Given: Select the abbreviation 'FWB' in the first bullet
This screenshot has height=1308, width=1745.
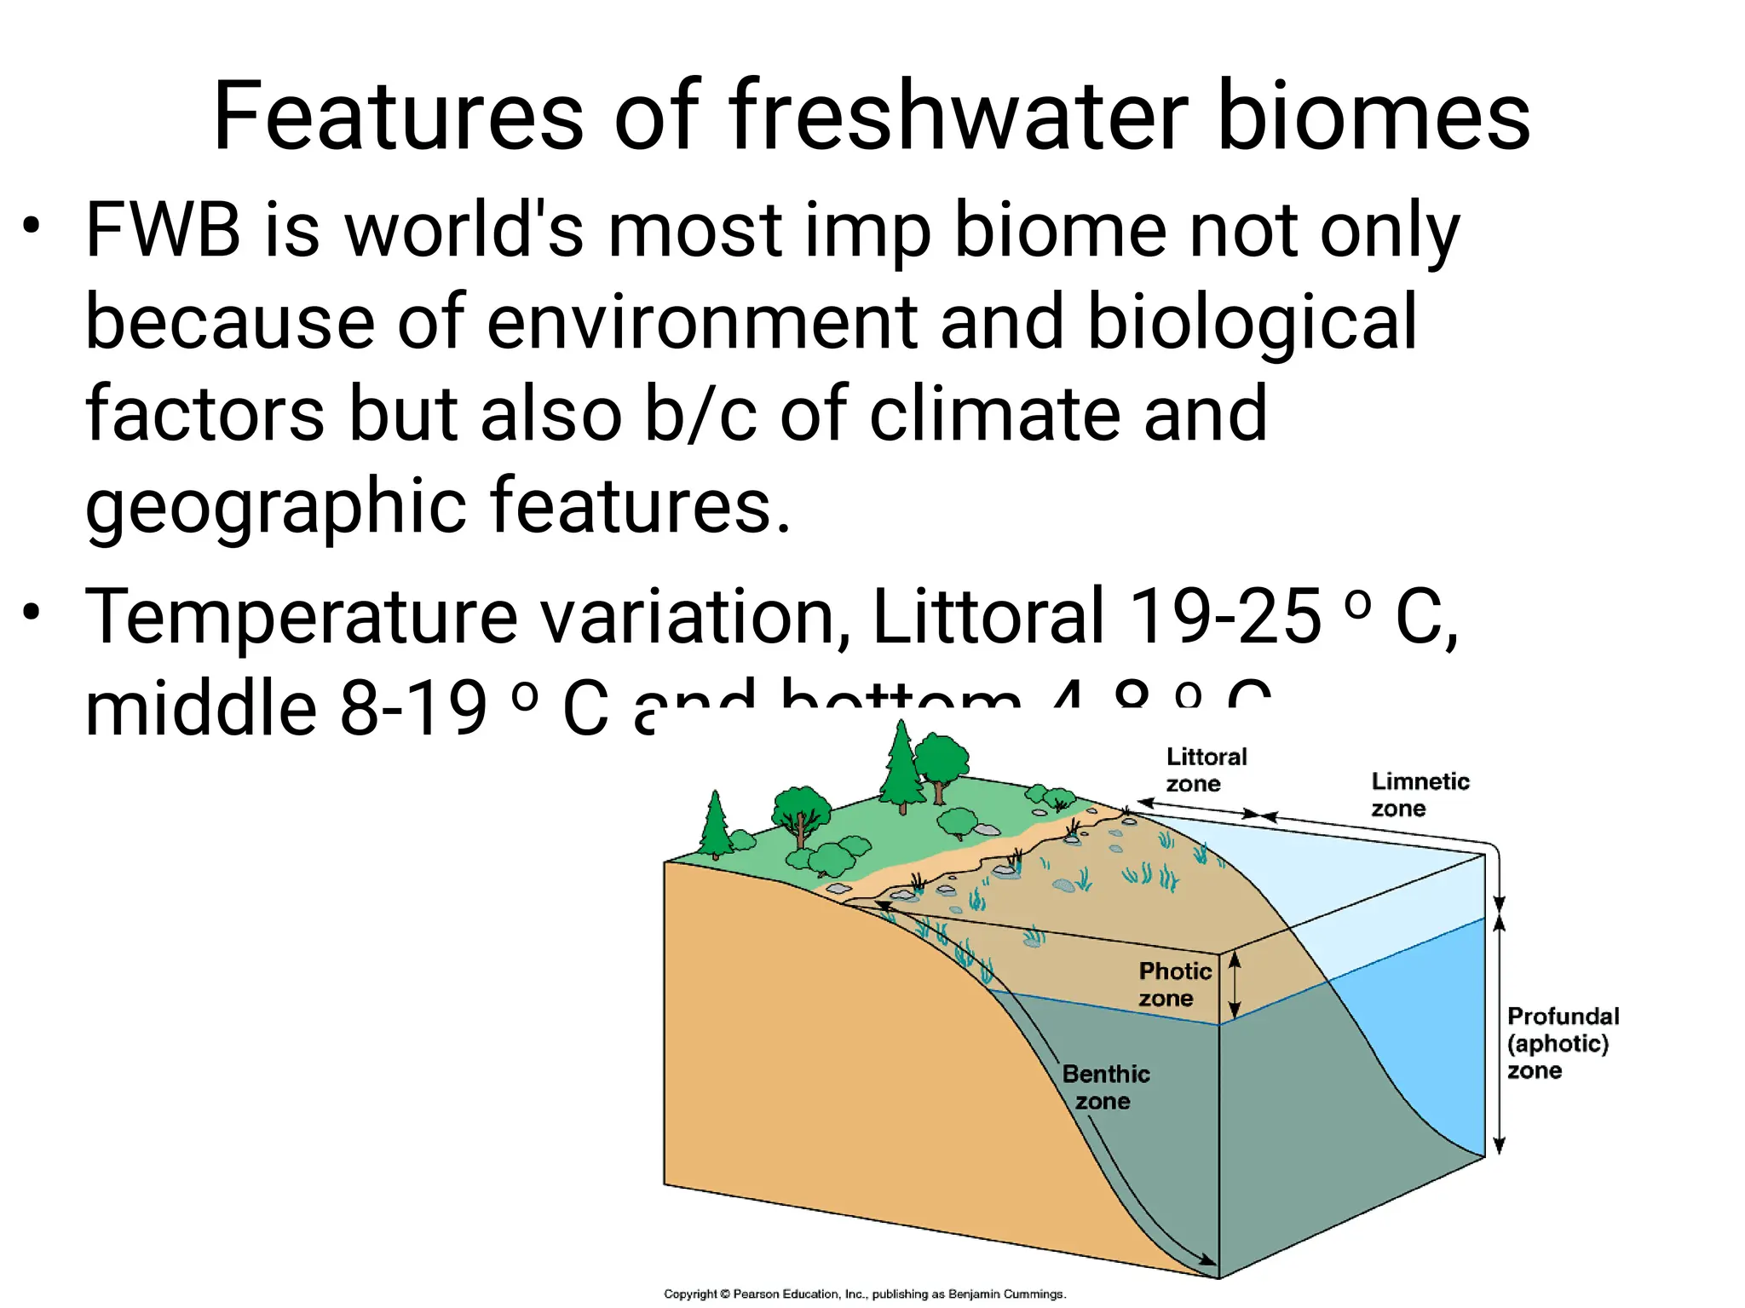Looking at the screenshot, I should click(163, 230).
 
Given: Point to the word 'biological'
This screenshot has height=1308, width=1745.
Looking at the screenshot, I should click(1253, 322).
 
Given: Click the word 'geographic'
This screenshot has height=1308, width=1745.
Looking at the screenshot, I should click(276, 507).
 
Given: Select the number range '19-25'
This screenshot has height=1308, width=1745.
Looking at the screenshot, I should click(1225, 615).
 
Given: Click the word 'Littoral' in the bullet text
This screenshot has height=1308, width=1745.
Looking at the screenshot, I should click(988, 615).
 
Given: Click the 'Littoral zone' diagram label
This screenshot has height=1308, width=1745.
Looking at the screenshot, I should click(1205, 769).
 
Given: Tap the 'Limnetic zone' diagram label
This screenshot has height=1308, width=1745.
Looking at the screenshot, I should click(1420, 794).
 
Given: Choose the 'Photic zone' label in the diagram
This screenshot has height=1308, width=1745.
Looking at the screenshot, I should click(1174, 984).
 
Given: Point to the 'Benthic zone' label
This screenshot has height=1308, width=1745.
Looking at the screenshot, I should click(1105, 1087).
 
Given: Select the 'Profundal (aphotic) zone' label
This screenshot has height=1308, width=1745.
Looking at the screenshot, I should click(1562, 1043).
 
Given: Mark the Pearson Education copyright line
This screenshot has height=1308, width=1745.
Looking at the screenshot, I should click(864, 1294).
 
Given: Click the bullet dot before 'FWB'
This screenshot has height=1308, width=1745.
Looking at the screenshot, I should click(32, 227).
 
